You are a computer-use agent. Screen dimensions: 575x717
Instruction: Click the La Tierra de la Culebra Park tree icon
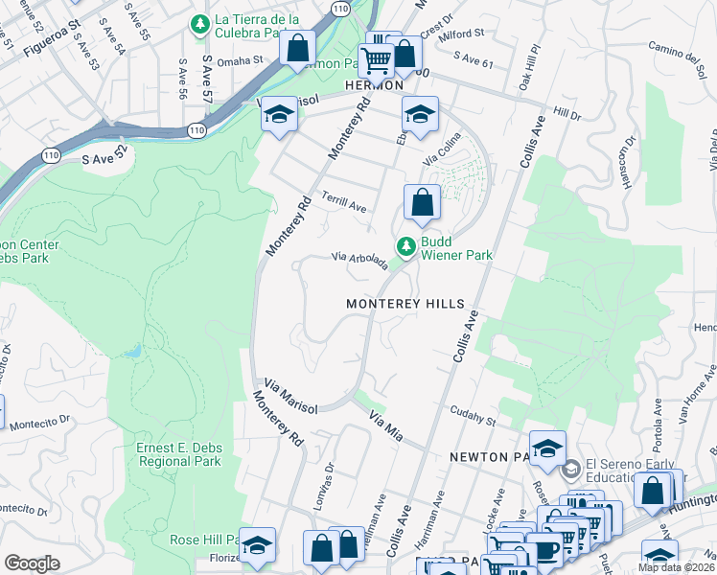point(200,23)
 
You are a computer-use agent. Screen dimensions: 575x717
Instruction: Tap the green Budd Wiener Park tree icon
point(406,247)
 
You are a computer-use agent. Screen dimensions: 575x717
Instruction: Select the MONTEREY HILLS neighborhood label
point(405,303)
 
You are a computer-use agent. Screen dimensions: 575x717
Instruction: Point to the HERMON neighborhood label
point(373,85)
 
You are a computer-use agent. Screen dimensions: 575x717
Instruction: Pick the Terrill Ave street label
point(344,206)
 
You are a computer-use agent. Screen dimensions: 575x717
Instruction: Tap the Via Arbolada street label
point(359,259)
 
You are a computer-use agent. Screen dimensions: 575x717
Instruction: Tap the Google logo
point(32,563)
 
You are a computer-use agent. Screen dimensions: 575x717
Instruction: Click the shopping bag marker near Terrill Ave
point(422,202)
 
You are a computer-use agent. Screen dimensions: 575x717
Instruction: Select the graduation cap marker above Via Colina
point(420,115)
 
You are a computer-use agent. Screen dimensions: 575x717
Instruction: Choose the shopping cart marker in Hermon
point(376,60)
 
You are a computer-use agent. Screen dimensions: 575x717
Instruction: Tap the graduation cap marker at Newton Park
point(547,448)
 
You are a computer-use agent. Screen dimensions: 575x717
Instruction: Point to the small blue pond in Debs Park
point(131,352)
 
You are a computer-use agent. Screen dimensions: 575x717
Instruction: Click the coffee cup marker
point(544,549)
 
